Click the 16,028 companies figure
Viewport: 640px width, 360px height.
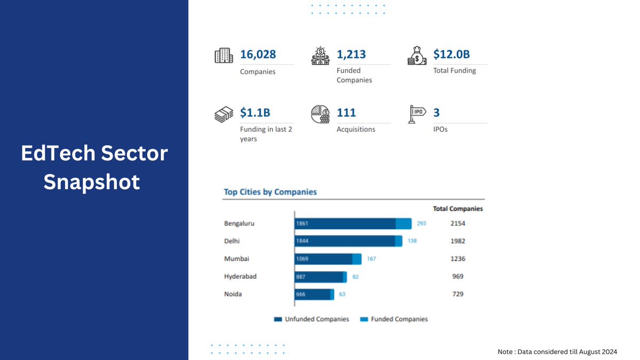pyautogui.click(x=258, y=54)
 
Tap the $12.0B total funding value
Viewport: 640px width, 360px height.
pyautogui.click(x=451, y=54)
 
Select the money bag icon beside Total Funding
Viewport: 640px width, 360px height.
pyautogui.click(x=417, y=55)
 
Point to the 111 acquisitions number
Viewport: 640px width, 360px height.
pyautogui.click(x=346, y=113)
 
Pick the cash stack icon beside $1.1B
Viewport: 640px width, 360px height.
pyautogui.click(x=224, y=114)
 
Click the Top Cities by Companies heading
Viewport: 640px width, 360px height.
pyautogui.click(x=270, y=192)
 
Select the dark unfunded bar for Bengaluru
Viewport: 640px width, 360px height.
pyautogui.click(x=346, y=223)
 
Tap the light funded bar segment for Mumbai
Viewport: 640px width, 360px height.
pyautogui.click(x=357, y=259)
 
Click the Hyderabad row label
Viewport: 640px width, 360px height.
pyautogui.click(x=241, y=276)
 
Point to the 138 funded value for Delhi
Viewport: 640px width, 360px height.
pyautogui.click(x=412, y=241)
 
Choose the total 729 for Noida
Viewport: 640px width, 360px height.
pyautogui.click(x=458, y=294)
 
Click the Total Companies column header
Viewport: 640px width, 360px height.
pyautogui.click(x=458, y=209)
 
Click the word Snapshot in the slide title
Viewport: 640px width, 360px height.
pyautogui.click(x=92, y=182)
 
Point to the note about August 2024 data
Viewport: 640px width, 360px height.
pyautogui.click(x=557, y=351)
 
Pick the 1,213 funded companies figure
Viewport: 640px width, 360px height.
pyautogui.click(x=351, y=54)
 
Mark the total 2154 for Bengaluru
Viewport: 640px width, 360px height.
pyautogui.click(x=458, y=223)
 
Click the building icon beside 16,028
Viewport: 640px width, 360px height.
pyautogui.click(x=224, y=55)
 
